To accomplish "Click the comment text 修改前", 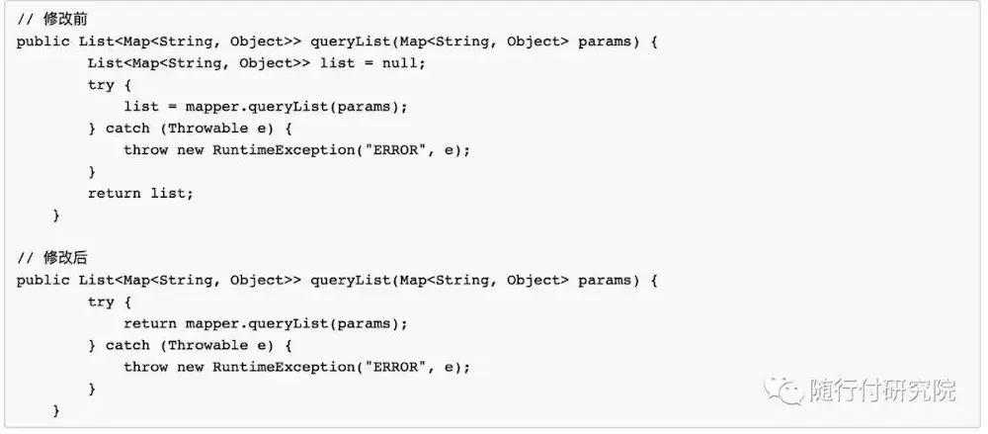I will click(57, 20).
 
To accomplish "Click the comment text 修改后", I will click(57, 258).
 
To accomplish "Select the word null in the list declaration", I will click(399, 63).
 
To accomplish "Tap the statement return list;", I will click(140, 193).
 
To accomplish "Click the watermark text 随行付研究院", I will click(881, 391).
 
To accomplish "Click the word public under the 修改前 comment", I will click(43, 42).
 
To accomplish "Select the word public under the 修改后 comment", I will click(43, 280).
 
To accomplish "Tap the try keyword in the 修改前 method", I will click(101, 85).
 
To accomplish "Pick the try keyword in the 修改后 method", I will click(101, 302).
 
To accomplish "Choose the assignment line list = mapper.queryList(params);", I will click(265, 107).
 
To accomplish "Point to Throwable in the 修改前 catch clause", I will click(207, 129).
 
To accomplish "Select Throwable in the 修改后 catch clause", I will click(207, 345).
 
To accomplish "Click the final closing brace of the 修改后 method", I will click(56, 409).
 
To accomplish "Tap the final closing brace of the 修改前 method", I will click(56, 215).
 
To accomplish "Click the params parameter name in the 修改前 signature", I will click(605, 42).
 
